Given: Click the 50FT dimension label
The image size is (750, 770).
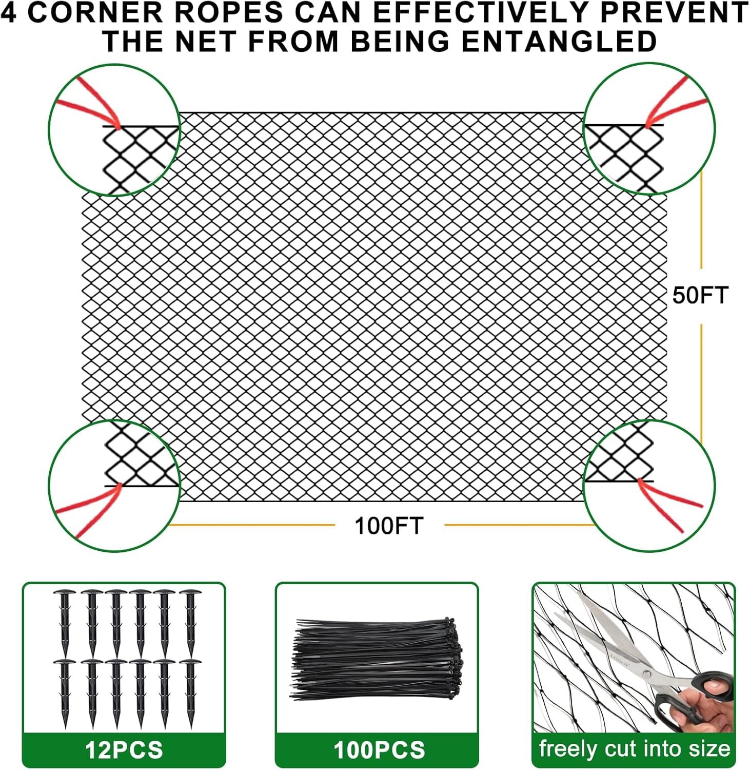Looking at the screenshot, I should (x=700, y=296).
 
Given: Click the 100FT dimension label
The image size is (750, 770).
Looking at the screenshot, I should (x=389, y=526).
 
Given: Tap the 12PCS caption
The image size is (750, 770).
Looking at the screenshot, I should (x=124, y=750).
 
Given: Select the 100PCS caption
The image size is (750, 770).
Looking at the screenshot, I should (x=379, y=750).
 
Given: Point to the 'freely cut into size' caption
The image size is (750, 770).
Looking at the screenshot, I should (x=635, y=749).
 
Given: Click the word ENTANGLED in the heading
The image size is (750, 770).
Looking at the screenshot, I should (x=559, y=41).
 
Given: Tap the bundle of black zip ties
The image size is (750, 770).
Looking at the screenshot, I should (x=377, y=660).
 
